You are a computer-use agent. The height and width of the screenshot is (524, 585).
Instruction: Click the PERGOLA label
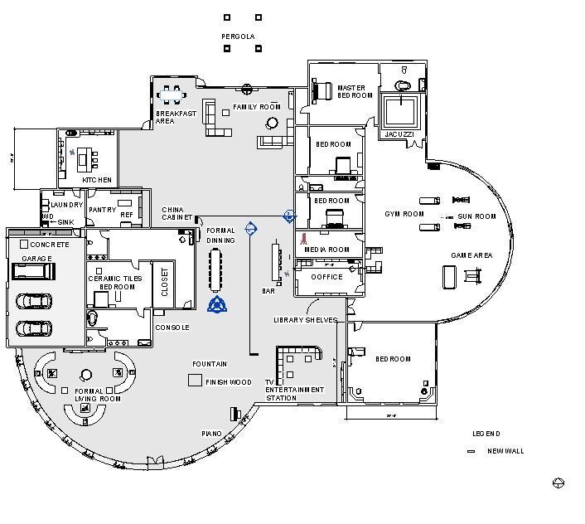click(238, 36)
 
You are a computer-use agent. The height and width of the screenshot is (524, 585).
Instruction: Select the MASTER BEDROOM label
click(355, 91)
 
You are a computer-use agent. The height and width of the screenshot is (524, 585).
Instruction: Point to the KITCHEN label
click(96, 180)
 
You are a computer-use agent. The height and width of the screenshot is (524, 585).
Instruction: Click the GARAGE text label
click(37, 259)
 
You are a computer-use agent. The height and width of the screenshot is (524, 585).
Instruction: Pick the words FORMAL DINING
click(221, 235)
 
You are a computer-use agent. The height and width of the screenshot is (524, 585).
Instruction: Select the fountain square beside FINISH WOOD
click(195, 381)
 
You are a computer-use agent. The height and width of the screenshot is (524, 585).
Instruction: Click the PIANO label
click(211, 434)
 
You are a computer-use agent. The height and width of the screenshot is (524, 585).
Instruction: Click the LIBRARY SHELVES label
click(305, 320)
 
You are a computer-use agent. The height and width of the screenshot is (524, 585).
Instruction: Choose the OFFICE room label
click(326, 277)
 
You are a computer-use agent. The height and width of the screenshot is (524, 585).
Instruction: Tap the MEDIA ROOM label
click(326, 250)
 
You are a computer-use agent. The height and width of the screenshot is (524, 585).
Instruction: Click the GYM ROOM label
click(404, 214)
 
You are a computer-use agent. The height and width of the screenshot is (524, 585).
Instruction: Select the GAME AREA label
click(471, 255)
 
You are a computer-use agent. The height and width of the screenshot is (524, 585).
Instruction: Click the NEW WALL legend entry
click(505, 451)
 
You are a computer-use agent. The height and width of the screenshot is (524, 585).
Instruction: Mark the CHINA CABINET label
click(177, 214)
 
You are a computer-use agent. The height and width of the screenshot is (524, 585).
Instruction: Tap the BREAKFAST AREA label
click(176, 117)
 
